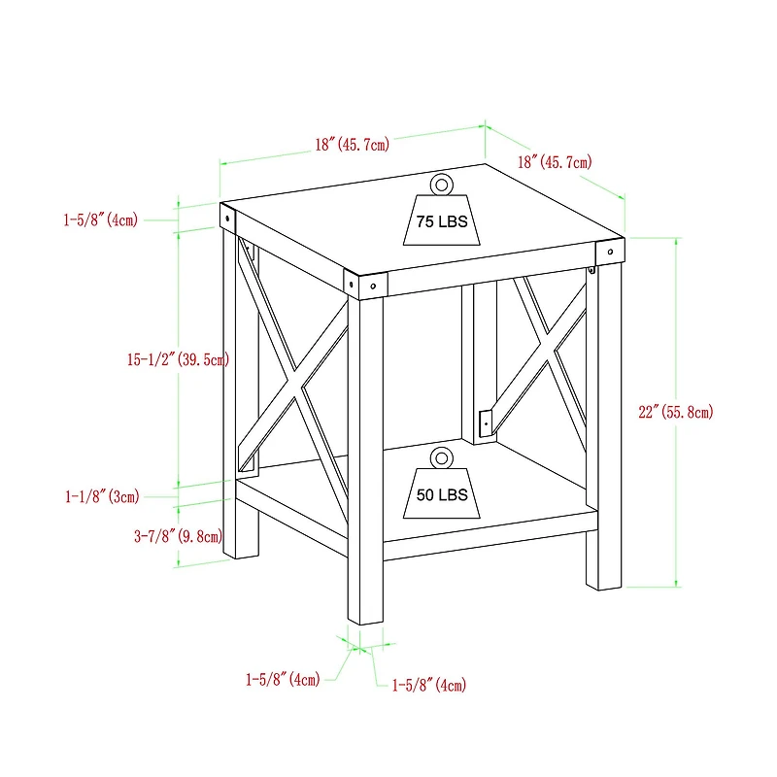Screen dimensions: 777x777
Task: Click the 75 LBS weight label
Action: (442, 222)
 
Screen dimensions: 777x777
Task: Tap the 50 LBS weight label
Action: (442, 495)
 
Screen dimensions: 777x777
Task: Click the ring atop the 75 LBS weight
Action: (442, 184)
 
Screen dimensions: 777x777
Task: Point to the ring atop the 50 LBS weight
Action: (442, 456)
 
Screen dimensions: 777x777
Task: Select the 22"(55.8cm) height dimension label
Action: (675, 412)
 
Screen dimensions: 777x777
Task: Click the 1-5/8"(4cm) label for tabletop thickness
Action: (100, 220)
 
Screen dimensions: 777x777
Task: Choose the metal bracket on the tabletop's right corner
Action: (608, 251)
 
